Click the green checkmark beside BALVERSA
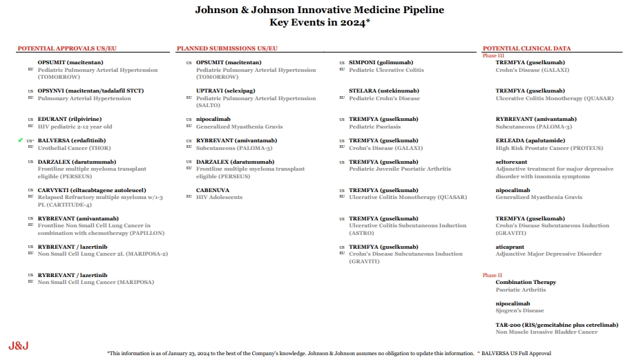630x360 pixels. pos(21,140)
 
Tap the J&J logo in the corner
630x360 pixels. pos(19,345)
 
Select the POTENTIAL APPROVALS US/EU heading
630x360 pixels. pos(67,48)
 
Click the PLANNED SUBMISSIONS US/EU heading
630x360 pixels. pos(227,48)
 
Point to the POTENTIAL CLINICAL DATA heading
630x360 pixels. pos(526,48)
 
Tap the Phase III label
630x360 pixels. pos(494,55)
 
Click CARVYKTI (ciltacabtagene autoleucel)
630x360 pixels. pos(92,190)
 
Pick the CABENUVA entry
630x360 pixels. pos(214,190)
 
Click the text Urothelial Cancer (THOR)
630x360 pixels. pos(73,148)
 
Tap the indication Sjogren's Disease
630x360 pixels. pos(519,310)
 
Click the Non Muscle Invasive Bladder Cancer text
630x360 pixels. pos(546,332)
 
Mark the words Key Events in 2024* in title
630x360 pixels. pos(319,22)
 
